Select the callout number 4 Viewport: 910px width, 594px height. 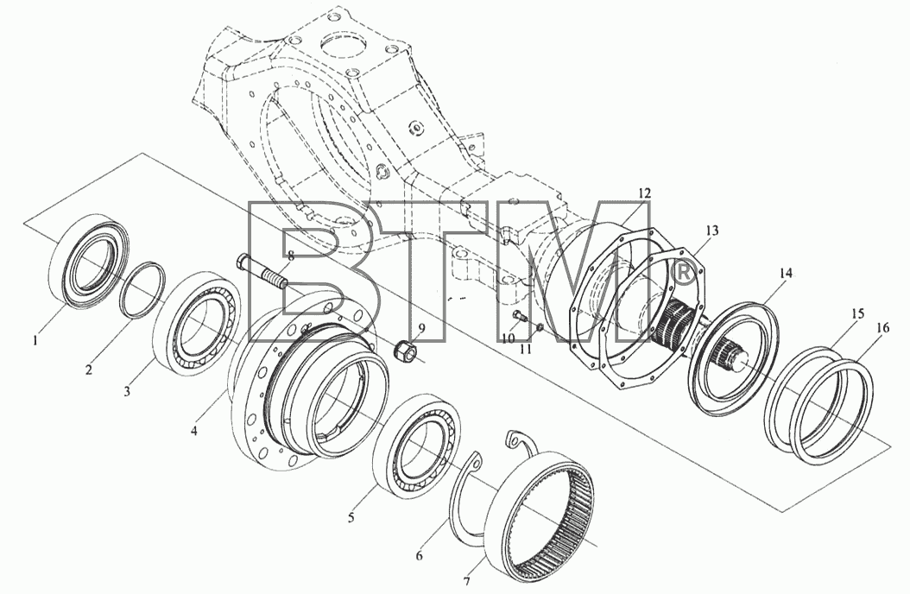pos(194,431)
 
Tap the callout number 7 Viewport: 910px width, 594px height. pos(466,581)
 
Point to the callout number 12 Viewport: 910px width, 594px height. pos(644,193)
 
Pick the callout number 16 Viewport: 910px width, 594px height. pos(882,328)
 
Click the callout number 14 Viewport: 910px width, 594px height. pos(786,273)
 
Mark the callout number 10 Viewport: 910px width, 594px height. pos(509,338)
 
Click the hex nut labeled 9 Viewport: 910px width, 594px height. pos(402,351)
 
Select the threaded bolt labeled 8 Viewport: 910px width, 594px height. pos(262,271)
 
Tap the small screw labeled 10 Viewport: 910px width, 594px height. pos(520,317)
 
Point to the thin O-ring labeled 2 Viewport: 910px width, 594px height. pos(142,289)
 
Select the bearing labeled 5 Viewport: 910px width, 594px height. pos(417,445)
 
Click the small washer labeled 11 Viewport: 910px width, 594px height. pos(539,329)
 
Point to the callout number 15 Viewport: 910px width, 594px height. pos(858,313)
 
